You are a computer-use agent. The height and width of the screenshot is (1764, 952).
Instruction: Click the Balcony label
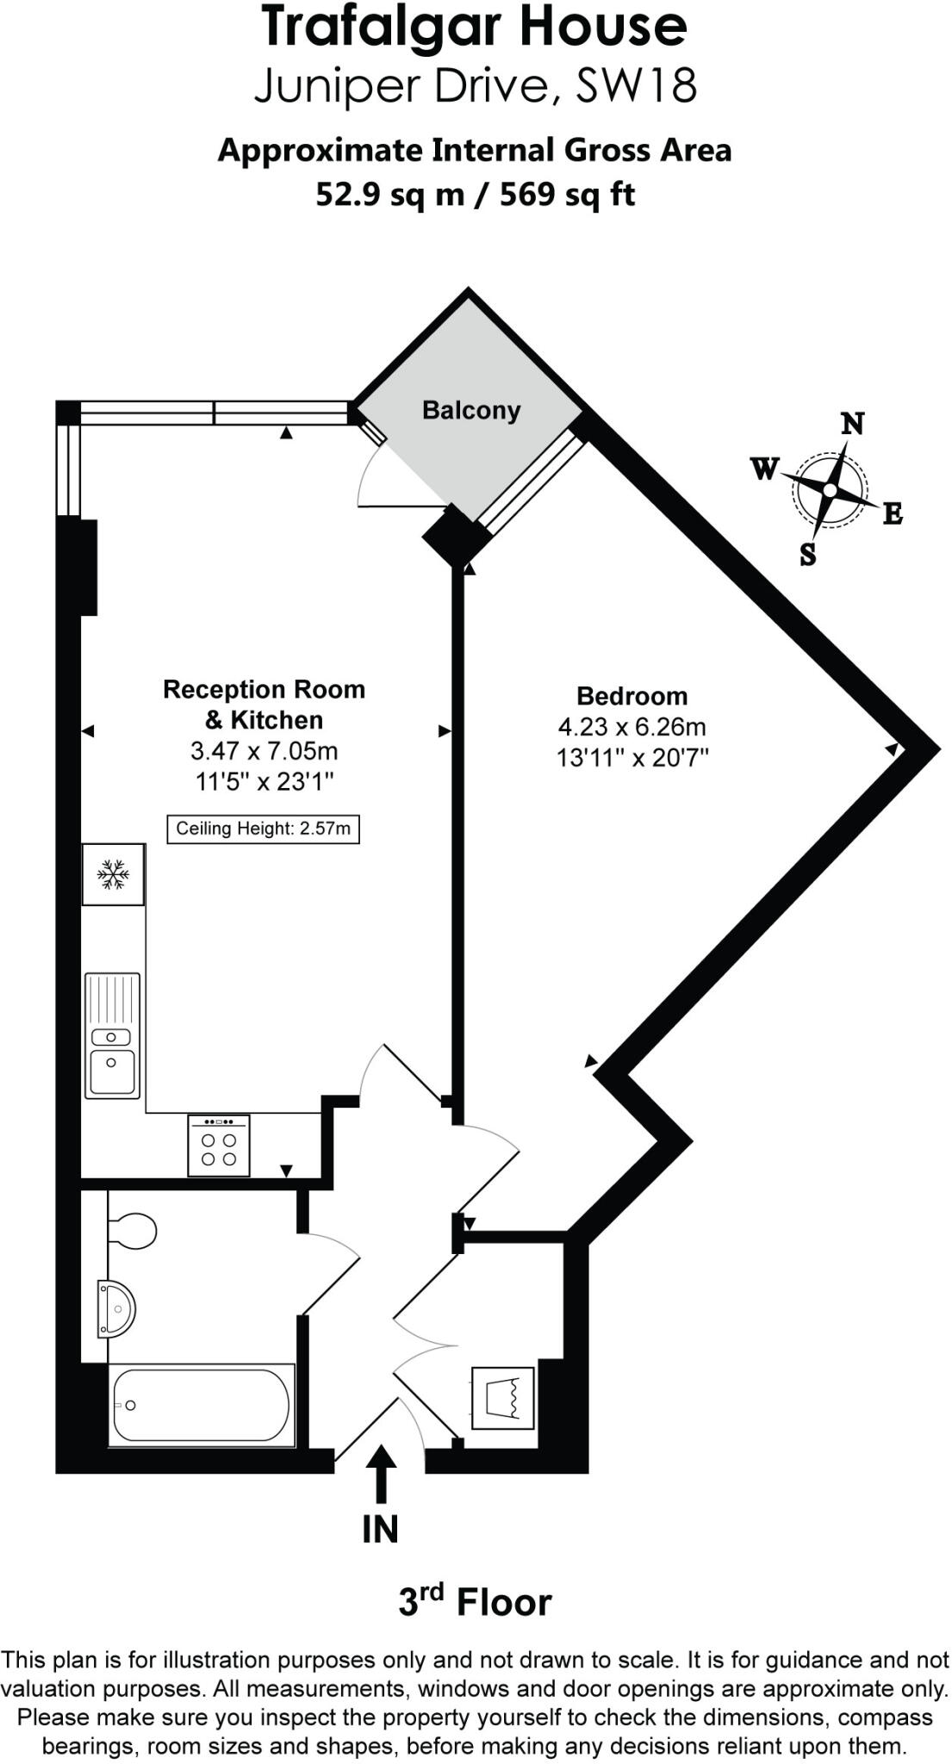[x=471, y=410]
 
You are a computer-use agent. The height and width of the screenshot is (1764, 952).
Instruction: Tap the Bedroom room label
[x=632, y=696]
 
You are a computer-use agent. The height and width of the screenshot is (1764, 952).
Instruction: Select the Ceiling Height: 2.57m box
[x=263, y=829]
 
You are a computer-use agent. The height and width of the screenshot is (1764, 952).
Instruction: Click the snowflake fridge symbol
[x=113, y=874]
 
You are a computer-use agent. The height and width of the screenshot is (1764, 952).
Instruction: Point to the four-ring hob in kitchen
[x=219, y=1146]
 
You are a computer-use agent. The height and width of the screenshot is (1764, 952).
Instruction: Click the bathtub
[x=202, y=1405]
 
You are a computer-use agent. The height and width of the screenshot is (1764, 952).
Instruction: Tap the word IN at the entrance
[x=380, y=1529]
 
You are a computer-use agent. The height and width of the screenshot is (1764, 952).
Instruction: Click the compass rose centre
[x=829, y=490]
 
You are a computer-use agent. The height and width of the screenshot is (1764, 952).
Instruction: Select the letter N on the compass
[x=852, y=424]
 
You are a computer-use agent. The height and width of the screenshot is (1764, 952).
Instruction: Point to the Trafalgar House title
[x=475, y=28]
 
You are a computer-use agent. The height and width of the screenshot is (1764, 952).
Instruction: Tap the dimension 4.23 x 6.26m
[x=632, y=727]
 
